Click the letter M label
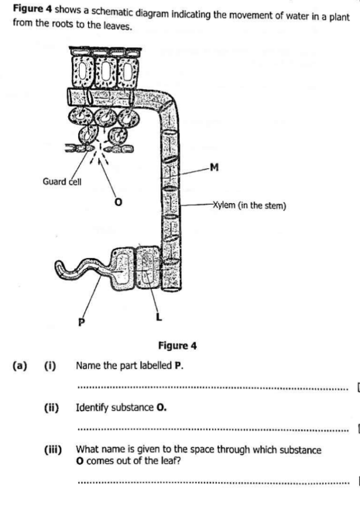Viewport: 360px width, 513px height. point(214,167)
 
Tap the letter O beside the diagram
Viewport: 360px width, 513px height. point(118,202)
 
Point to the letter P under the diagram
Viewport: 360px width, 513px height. point(81,322)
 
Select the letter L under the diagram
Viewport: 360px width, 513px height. point(159,317)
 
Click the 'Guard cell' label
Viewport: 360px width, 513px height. point(62,181)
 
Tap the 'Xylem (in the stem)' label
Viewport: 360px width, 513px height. point(249,205)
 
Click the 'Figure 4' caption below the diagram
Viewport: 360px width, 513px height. point(177,346)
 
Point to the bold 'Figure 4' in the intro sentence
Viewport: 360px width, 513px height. point(33,9)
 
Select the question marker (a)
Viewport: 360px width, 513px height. point(20,366)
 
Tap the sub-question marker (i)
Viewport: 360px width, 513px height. point(50,366)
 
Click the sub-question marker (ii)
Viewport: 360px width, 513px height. point(52,408)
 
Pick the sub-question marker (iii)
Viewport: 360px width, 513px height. point(53,450)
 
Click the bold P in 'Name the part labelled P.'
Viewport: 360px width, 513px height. point(178,366)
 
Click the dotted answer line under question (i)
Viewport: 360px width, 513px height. point(214,389)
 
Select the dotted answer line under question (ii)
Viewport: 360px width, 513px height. point(214,430)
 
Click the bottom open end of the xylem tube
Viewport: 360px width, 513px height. point(171,288)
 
